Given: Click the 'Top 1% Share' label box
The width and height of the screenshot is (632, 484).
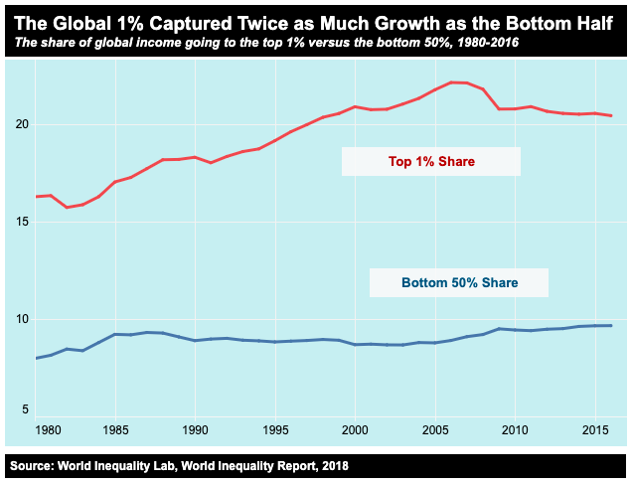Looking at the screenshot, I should pos(430,161).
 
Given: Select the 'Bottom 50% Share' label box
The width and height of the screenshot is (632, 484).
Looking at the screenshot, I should pos(458,283).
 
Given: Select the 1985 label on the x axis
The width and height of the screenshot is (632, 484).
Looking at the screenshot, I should pos(115,429).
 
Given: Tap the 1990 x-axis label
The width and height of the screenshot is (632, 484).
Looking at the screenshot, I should pos(195,429).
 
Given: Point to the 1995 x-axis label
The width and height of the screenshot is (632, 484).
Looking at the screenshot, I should pos(275,429).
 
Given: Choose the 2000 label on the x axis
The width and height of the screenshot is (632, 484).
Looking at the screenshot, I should pos(355,429).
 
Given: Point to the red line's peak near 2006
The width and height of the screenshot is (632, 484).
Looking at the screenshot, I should pos(451,82).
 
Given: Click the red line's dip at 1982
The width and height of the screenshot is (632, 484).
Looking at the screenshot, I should pos(68,207).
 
